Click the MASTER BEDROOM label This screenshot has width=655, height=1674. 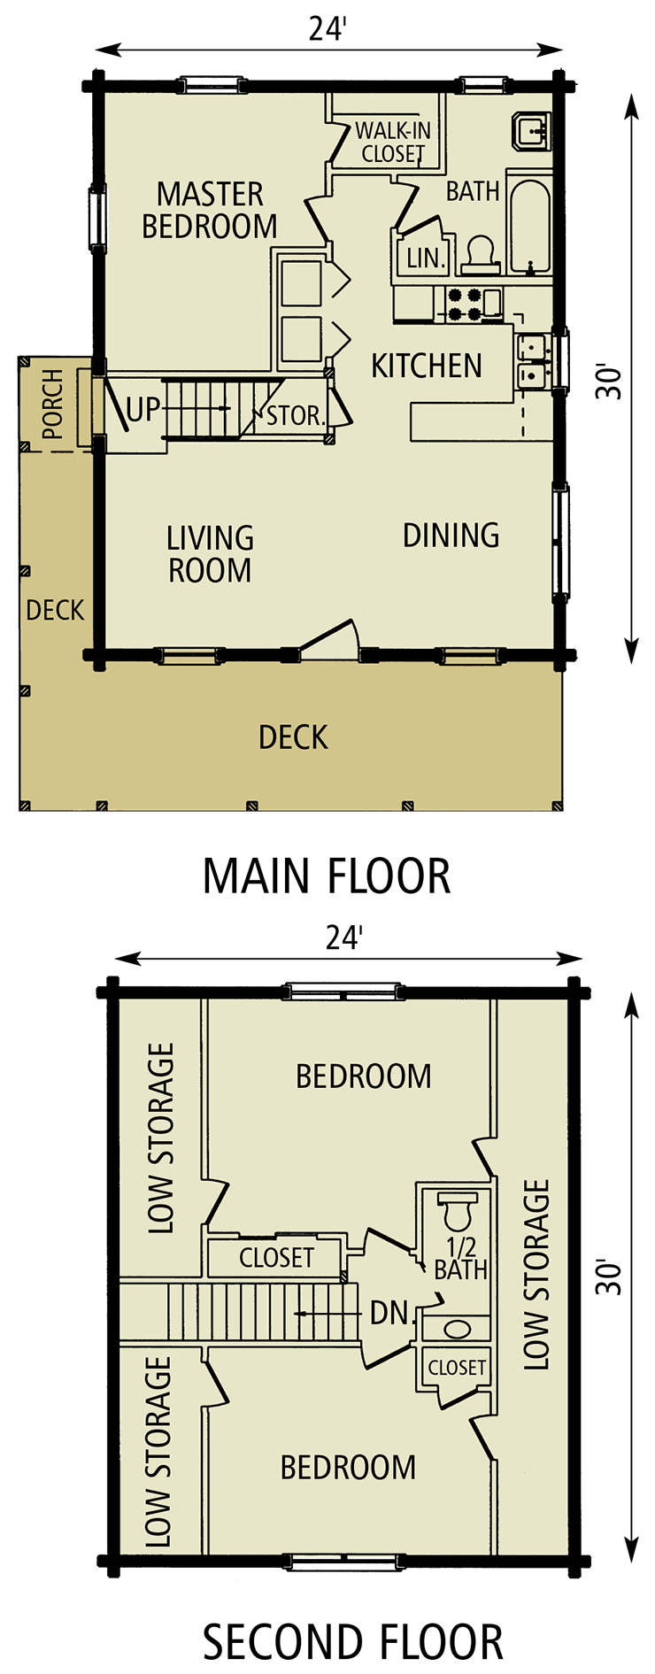coord(210,211)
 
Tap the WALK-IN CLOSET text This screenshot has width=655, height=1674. coord(393,143)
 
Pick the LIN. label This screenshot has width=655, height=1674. coord(424,258)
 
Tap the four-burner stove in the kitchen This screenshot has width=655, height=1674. coord(464,304)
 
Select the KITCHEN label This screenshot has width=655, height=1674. coord(426,366)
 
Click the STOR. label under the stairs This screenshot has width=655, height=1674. coord(296,415)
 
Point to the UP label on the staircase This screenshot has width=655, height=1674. coord(143,410)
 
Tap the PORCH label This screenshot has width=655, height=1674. coord(53,405)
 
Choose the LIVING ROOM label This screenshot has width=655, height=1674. coord(211,554)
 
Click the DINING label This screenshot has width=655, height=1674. coord(451,535)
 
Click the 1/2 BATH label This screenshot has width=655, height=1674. coord(461,1259)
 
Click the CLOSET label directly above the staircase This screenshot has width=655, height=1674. coord(276,1257)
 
